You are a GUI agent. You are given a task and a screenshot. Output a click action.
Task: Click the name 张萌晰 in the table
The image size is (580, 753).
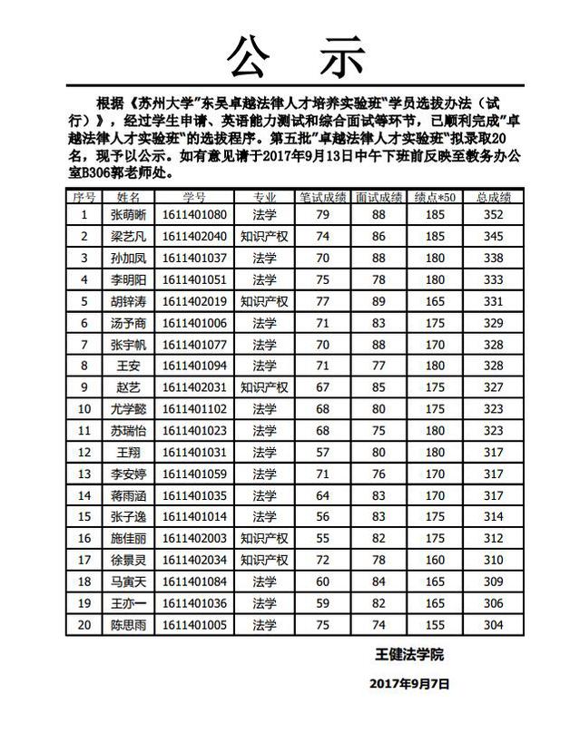point(127,215)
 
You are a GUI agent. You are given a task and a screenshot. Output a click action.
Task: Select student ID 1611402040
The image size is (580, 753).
point(194,237)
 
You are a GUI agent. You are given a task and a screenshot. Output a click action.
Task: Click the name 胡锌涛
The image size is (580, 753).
point(127,301)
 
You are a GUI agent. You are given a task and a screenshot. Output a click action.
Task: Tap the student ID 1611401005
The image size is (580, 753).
point(194,624)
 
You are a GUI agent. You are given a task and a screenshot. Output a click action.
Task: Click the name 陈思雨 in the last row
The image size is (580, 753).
point(127,624)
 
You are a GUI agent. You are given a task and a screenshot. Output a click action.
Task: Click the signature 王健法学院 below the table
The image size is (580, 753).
point(410,654)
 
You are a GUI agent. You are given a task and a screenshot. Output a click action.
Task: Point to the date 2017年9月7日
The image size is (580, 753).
point(409,685)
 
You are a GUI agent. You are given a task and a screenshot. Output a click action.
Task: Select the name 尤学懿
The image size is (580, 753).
point(127,409)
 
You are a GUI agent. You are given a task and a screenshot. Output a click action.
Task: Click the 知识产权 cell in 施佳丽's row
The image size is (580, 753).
point(264,538)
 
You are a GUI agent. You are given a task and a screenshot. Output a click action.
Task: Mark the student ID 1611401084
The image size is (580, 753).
point(194,582)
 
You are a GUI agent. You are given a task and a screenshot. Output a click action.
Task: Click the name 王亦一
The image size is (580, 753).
point(127,602)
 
